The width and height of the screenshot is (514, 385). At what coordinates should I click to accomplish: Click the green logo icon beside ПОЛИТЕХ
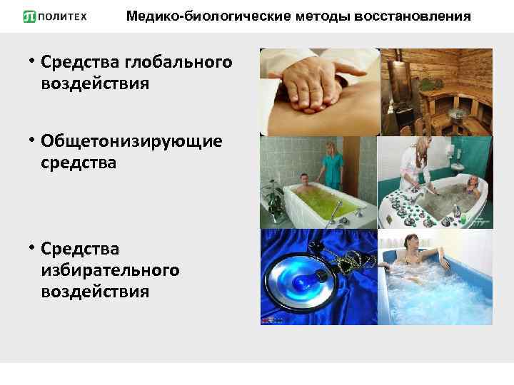coord(29,16)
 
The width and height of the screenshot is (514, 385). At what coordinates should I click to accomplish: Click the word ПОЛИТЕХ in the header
coord(65,16)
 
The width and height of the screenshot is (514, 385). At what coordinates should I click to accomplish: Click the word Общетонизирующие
coord(131,141)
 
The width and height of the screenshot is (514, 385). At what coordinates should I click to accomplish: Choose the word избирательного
coord(110,270)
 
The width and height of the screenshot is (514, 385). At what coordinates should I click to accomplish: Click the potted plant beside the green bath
coord(273,192)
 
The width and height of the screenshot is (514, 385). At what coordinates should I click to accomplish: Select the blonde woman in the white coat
coord(415,168)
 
